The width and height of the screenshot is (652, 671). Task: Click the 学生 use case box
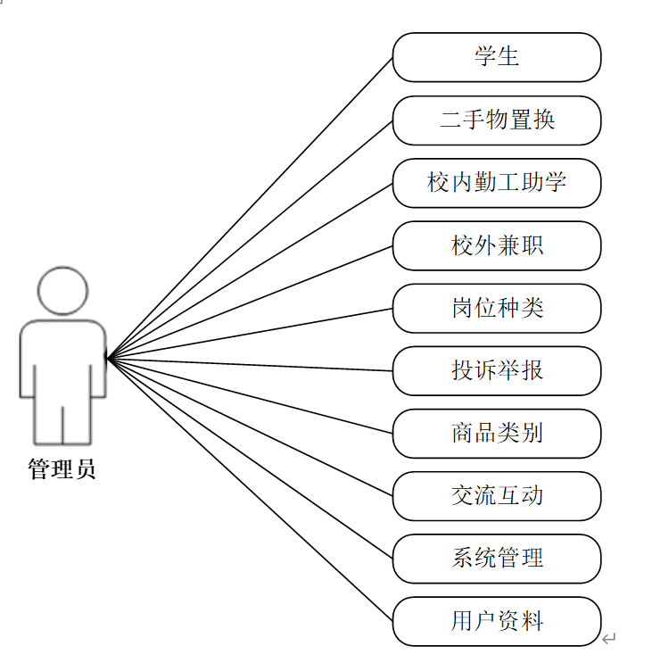tap(497, 57)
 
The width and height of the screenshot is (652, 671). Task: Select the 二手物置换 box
tap(497, 120)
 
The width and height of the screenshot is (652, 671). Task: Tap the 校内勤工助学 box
tap(497, 183)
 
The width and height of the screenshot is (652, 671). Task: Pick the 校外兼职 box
tap(497, 245)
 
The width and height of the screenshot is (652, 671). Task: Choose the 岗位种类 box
tap(497, 309)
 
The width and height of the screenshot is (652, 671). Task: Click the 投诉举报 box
tap(497, 371)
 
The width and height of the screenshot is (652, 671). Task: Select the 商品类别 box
tap(497, 434)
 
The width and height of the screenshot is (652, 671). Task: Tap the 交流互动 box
tap(497, 496)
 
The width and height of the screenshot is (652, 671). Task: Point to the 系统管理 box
tap(497, 559)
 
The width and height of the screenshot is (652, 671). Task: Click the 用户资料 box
tap(497, 621)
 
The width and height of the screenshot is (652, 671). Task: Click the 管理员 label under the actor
tap(62, 469)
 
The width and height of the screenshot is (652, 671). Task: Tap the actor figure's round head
tap(62, 290)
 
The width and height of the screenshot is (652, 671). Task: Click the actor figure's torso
tap(62, 361)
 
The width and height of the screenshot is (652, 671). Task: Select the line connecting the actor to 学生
tap(250, 207)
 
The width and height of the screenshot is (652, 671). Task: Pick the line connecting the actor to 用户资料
tap(250, 490)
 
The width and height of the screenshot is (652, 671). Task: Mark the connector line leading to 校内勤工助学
tap(250, 270)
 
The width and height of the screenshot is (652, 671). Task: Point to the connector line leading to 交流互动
tap(250, 427)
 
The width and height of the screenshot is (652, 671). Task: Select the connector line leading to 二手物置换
tap(250, 239)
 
